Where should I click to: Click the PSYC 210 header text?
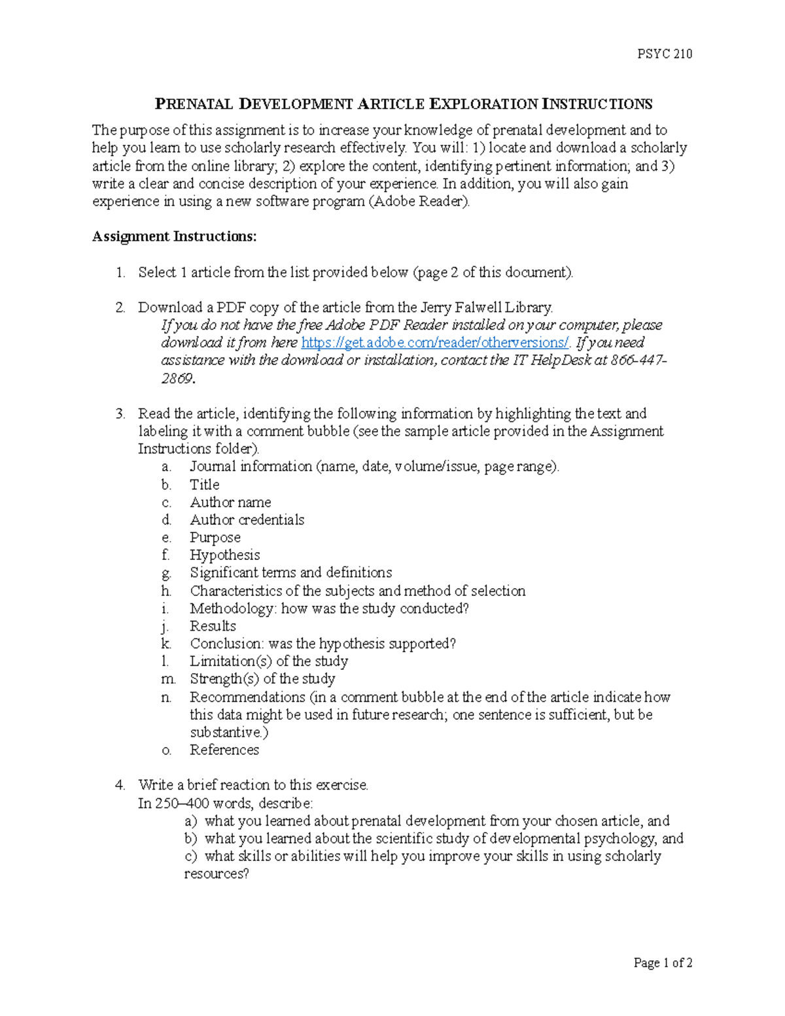pyautogui.click(x=665, y=54)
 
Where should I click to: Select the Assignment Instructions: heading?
pyautogui.click(x=174, y=236)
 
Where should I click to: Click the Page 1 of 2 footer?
pyautogui.click(x=663, y=962)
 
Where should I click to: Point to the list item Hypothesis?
pyautogui.click(x=224, y=555)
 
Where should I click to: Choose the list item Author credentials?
pyautogui.click(x=247, y=519)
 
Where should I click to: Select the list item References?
pyautogui.click(x=224, y=750)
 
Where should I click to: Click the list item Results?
pyautogui.click(x=213, y=626)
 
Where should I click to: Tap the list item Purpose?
pyautogui.click(x=215, y=537)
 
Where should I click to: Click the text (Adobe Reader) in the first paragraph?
pyautogui.click(x=419, y=201)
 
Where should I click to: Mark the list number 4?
pyautogui.click(x=119, y=785)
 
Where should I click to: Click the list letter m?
pyautogui.click(x=167, y=679)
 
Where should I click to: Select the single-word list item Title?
pyautogui.click(x=204, y=485)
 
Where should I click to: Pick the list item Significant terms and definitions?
pyautogui.click(x=290, y=572)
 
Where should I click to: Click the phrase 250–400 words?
pyautogui.click(x=203, y=803)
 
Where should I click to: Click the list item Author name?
pyautogui.click(x=230, y=502)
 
